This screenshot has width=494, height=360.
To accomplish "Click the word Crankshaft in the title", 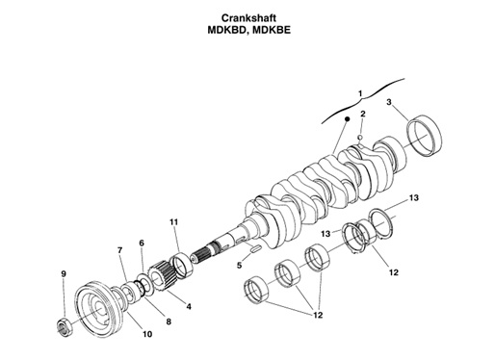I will coord(247,15).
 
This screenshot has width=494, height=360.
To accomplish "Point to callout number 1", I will coord(359,93).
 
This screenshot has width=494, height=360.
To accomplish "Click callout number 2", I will coord(362,115).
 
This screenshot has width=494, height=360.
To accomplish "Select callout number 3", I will coord(388,102).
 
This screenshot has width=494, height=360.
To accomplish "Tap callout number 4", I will coord(188,306).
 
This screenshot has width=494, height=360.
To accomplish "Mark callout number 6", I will coord(142,244).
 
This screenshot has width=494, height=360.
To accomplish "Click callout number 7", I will coord(119,250).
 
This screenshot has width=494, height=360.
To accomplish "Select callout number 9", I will coord(64,274).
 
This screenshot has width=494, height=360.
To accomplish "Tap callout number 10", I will coord(147,334).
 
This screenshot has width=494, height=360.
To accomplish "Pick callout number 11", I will coord(174,222).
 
